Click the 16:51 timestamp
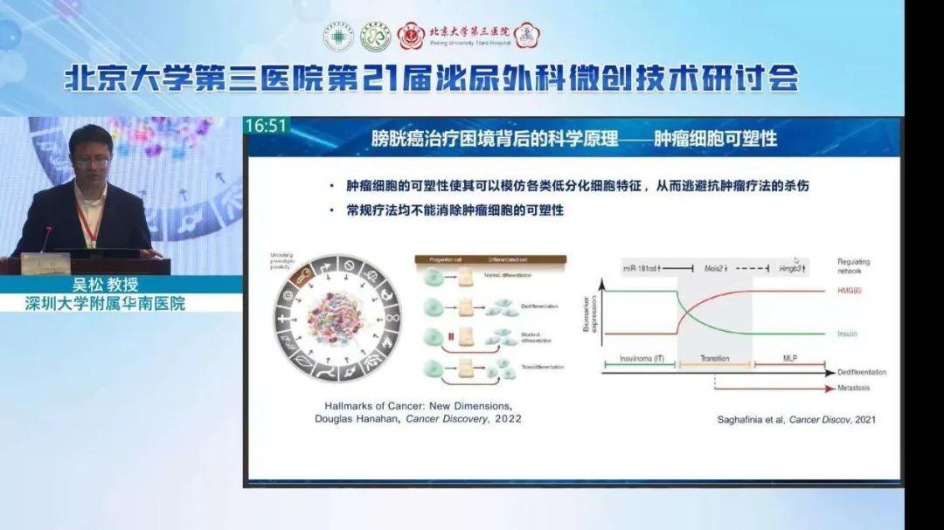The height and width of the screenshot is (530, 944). (x=266, y=126)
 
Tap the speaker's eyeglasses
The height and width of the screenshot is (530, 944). (x=91, y=162)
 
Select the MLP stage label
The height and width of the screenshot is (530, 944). (x=789, y=357)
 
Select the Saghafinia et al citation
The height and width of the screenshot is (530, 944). (x=795, y=420)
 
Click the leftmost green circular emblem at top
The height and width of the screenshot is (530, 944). (x=338, y=37)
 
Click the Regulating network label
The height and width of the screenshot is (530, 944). (x=853, y=266)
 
